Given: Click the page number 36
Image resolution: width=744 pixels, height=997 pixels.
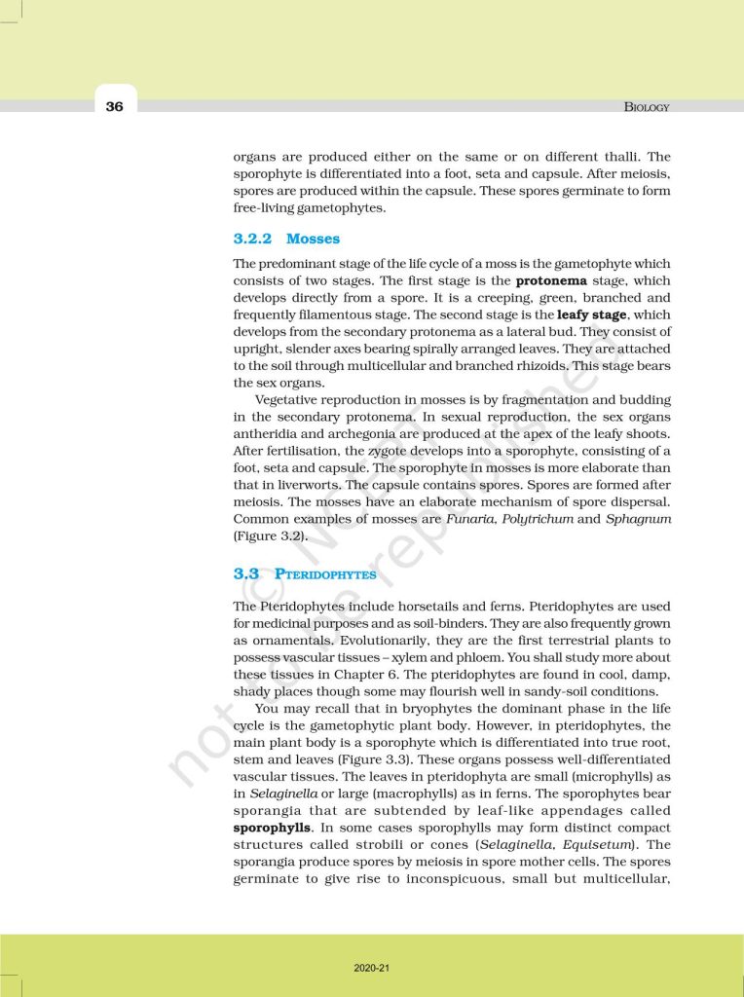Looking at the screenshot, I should coord(115,106).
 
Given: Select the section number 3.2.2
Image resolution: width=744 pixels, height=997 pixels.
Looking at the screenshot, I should coord(252,239).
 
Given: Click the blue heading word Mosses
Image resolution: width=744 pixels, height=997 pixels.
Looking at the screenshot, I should coord(313,239).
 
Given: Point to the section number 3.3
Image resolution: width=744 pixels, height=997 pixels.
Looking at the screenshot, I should coord(246,574).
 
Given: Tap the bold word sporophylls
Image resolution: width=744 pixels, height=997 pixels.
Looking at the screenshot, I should coord(272,828).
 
